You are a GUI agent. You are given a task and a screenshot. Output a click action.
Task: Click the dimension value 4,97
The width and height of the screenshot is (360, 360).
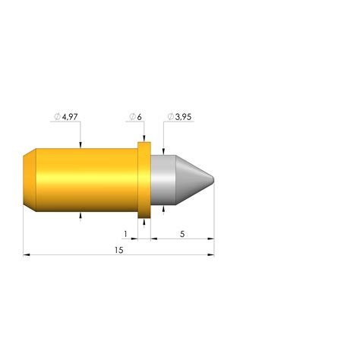(70, 117)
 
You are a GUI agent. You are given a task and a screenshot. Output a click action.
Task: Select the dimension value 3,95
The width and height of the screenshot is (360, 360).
(182, 117)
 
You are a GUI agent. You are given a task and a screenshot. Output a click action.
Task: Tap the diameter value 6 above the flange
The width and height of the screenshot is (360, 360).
(141, 117)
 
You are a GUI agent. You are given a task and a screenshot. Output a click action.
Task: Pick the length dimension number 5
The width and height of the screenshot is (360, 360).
(182, 233)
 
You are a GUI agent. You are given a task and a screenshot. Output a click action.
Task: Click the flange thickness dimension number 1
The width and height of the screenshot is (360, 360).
(125, 233)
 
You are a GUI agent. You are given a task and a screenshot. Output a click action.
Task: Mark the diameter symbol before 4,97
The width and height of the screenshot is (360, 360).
(57, 117)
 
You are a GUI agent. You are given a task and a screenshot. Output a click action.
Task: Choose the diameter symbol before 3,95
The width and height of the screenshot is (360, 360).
(170, 117)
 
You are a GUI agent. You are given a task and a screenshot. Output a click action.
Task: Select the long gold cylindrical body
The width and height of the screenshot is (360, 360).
(84, 180)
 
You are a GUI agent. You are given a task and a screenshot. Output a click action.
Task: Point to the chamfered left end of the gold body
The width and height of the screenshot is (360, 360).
(29, 180)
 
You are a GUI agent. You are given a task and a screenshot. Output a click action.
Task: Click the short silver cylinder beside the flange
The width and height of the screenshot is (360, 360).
(163, 180)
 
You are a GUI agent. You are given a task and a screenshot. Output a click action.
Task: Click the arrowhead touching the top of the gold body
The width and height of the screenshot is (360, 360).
(81, 144)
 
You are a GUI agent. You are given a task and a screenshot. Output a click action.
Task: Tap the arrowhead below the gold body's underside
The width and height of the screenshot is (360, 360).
(81, 216)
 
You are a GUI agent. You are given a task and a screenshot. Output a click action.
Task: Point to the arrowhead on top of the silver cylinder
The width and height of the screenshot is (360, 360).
(163, 151)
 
